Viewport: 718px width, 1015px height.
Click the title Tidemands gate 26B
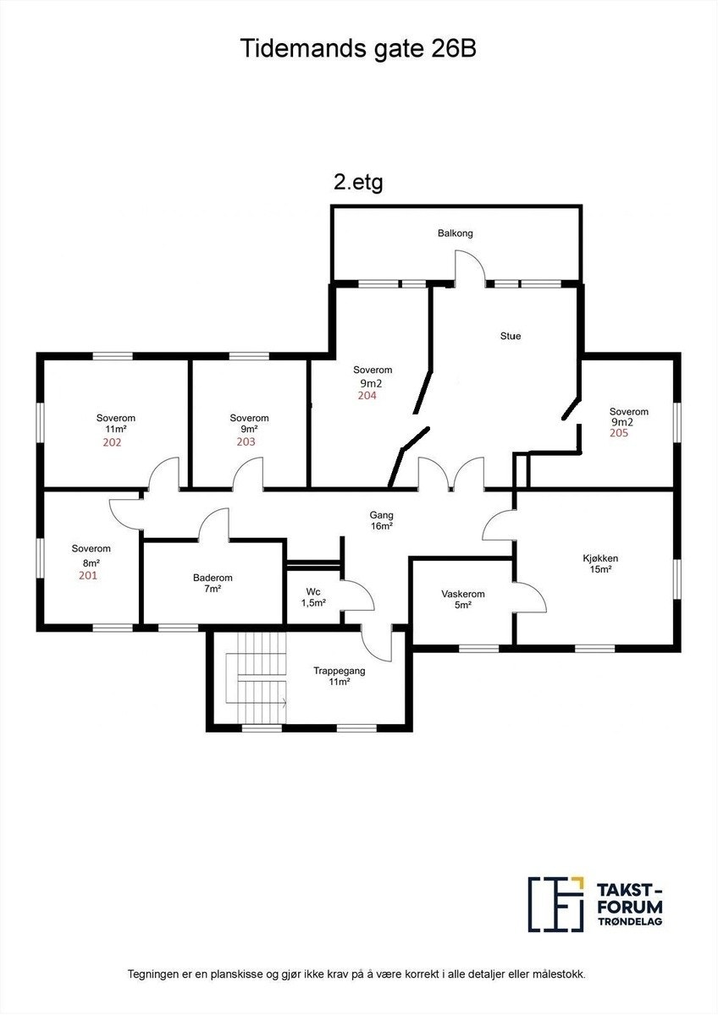359,48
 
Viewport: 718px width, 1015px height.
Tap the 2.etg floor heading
358,182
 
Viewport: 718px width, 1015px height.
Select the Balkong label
455,233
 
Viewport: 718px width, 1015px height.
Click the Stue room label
511,336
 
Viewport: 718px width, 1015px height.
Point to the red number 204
367,395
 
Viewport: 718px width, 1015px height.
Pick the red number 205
619,432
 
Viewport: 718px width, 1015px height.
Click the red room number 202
112,442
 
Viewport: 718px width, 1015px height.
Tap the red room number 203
246,442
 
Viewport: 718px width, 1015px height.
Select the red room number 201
88,576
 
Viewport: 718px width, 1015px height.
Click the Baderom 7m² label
213,583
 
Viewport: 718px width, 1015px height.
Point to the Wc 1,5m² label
313,597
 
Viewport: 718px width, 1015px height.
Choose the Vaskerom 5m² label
461,599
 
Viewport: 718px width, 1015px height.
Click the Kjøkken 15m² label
600,563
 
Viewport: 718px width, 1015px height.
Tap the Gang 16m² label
381,520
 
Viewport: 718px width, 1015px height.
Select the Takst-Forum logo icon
556,903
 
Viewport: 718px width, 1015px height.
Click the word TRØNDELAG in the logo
630,921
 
